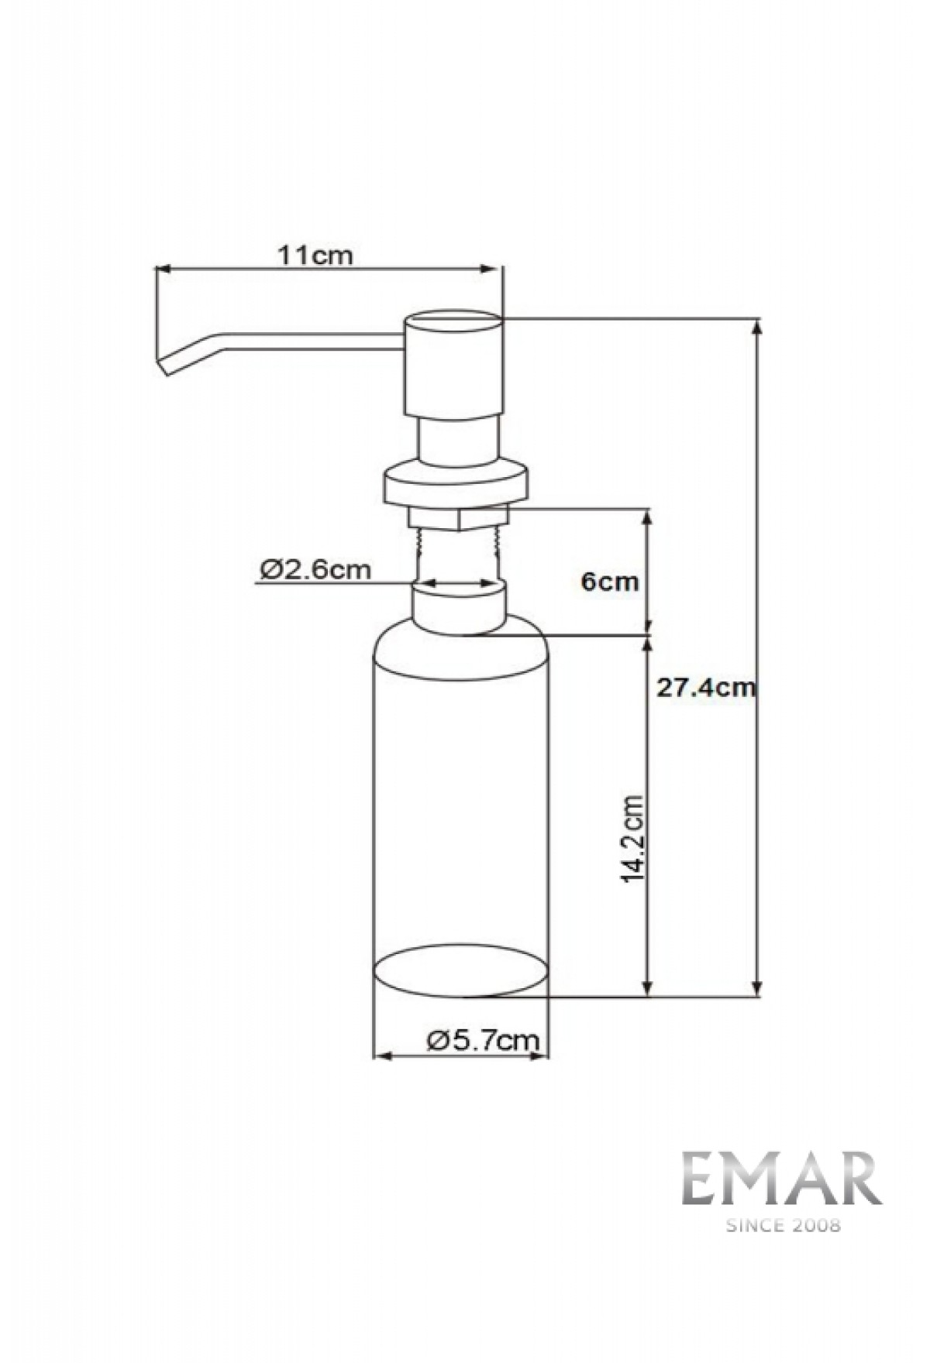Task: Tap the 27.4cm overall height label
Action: click(705, 687)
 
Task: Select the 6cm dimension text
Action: click(611, 582)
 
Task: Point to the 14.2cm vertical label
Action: click(633, 838)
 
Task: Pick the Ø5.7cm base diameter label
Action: click(482, 1039)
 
